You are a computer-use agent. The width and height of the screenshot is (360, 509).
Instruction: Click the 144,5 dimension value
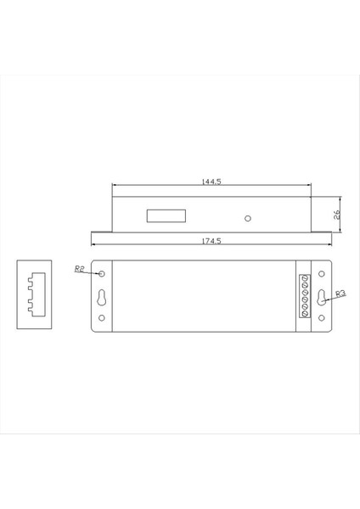211,182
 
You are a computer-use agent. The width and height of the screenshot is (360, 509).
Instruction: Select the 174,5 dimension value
211,241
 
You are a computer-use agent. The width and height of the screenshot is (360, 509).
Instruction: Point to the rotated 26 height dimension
336,214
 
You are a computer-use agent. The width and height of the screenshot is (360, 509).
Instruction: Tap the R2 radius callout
81,268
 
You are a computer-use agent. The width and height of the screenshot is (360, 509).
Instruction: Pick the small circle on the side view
247,218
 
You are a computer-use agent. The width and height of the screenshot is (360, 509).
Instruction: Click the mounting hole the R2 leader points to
103,274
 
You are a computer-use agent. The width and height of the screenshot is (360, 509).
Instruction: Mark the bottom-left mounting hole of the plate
103,319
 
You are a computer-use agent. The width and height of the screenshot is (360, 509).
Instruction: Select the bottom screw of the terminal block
305,315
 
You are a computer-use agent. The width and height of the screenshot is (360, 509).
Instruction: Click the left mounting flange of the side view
101,230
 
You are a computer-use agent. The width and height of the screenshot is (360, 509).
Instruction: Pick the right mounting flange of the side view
322,230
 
